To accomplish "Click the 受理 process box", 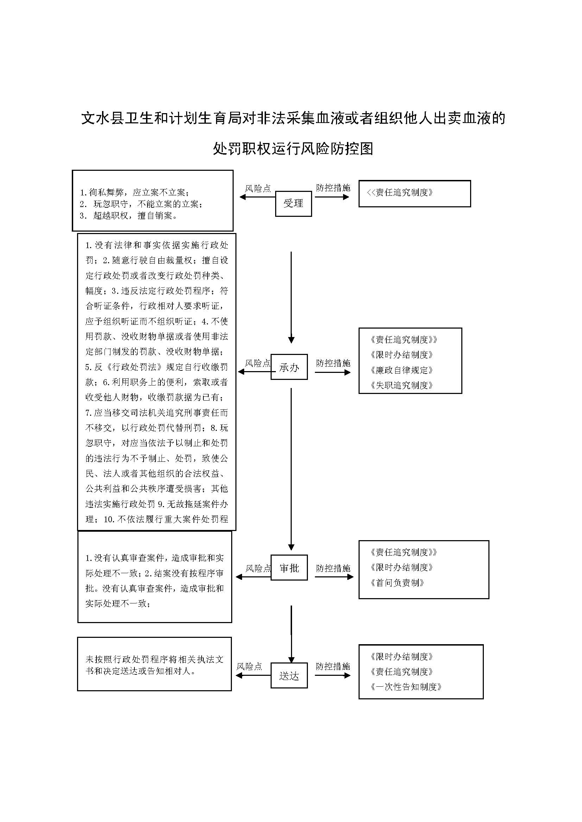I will click(293, 204).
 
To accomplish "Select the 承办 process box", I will click(289, 367).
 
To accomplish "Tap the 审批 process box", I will click(289, 568).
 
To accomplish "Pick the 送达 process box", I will click(289, 675).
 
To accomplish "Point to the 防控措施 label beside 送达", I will click(333, 666).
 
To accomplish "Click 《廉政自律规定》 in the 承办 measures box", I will click(402, 370).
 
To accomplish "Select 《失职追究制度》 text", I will click(402, 386).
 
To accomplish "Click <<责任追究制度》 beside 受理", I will click(400, 193).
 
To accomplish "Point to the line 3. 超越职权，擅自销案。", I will click(129, 216).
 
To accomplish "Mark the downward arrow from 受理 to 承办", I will click(291, 297).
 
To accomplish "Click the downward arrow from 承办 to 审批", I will click(291, 469).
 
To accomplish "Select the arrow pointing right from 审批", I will click(334, 577).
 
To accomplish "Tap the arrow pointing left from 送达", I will click(253, 675).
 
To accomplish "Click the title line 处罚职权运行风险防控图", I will click(293, 149).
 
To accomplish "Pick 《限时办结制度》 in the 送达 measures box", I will click(402, 656).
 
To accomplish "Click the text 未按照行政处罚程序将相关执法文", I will click(154, 659).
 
